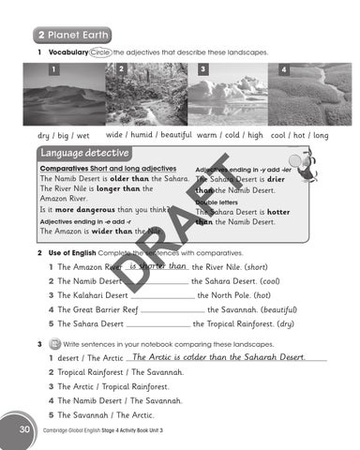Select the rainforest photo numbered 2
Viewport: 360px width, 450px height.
tap(145, 96)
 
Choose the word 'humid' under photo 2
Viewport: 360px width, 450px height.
tap(142, 135)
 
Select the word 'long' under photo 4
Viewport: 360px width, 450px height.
tap(321, 135)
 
